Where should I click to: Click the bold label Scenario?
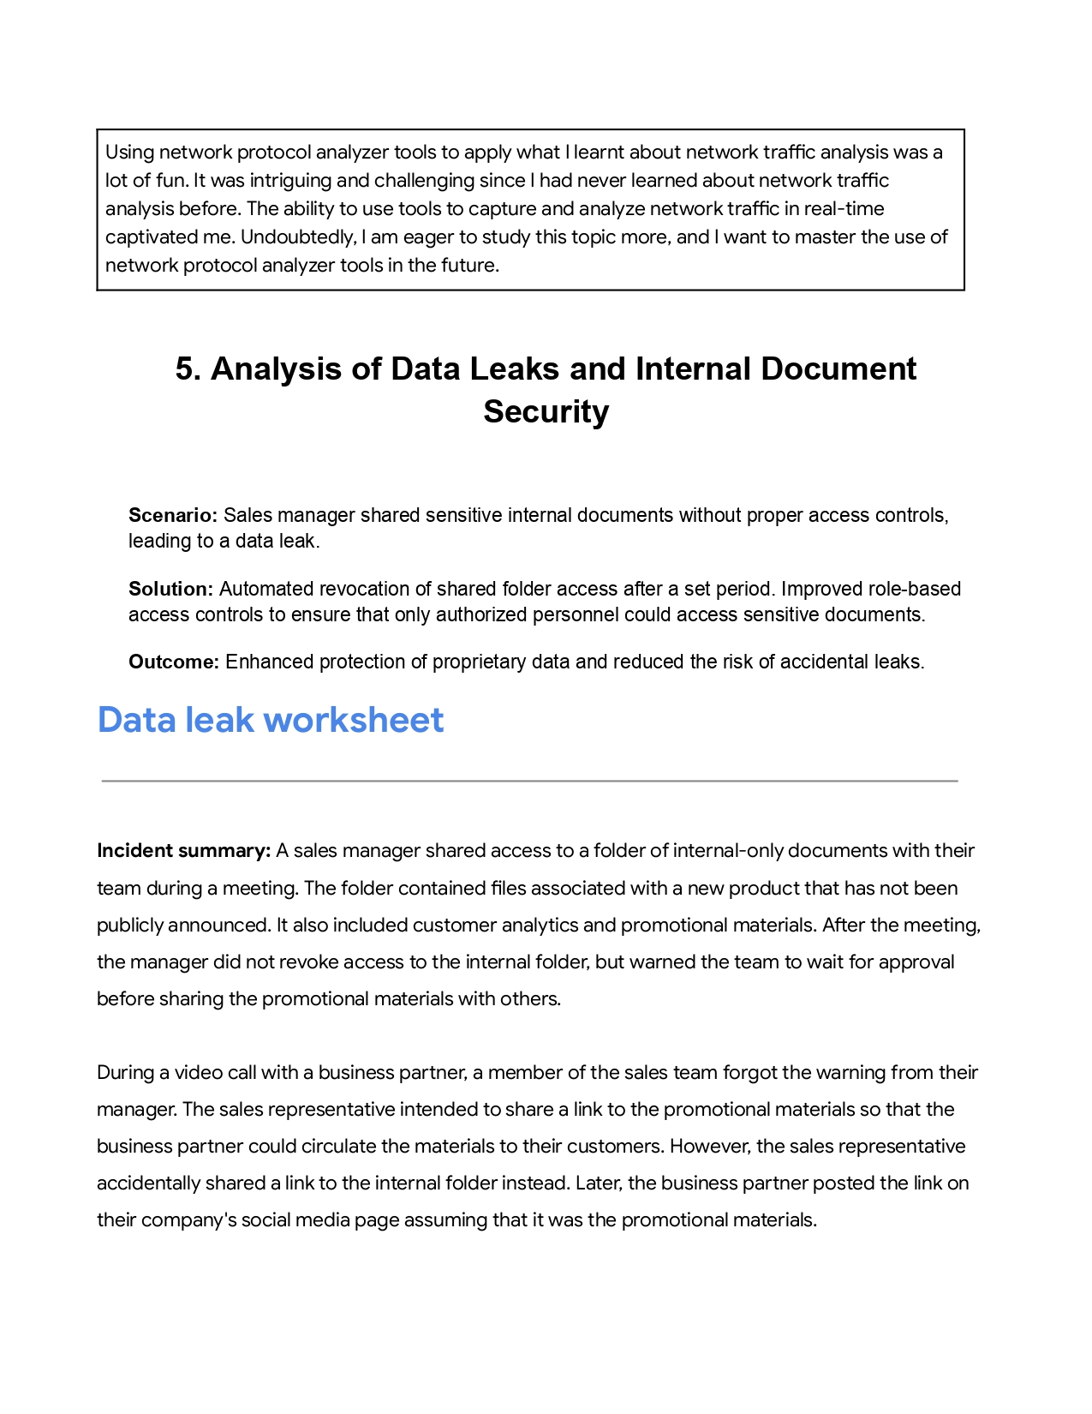tap(174, 515)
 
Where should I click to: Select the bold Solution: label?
tap(170, 589)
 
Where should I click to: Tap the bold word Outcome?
tap(174, 662)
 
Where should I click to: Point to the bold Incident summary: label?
tap(184, 850)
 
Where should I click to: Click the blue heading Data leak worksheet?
tap(271, 720)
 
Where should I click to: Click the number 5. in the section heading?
tap(189, 368)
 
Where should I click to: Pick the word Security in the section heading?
tap(546, 411)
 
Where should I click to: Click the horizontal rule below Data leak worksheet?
tap(529, 781)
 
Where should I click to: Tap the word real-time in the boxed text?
tap(844, 208)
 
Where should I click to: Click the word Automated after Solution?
tap(260, 589)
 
